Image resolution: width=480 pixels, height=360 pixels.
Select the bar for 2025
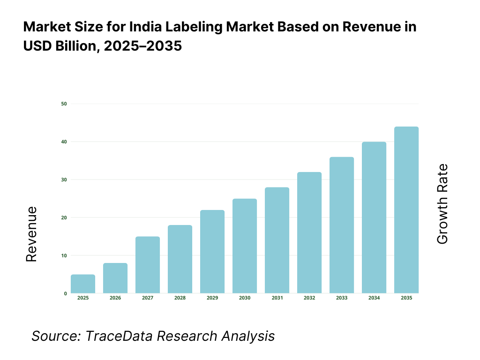point(83,284)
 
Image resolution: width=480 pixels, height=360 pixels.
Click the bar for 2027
point(148,265)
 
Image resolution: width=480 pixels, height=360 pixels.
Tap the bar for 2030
point(245,246)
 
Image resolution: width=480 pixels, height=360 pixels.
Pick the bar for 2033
point(342,225)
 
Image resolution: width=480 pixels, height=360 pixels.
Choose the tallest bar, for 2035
point(406,210)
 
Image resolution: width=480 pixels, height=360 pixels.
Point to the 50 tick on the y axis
point(64,104)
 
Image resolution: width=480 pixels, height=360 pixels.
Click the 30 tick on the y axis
point(64,180)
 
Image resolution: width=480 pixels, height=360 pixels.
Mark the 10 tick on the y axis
point(64,255)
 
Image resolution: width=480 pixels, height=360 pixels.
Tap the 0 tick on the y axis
point(65,293)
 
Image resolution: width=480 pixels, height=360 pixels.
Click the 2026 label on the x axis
point(115,298)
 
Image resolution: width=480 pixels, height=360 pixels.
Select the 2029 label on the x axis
point(212,298)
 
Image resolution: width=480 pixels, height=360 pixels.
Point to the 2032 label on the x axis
point(309,298)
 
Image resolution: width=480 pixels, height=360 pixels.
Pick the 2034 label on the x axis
point(374,298)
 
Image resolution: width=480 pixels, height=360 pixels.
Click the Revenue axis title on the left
point(31,234)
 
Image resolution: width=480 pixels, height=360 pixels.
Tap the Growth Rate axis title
point(442,204)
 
